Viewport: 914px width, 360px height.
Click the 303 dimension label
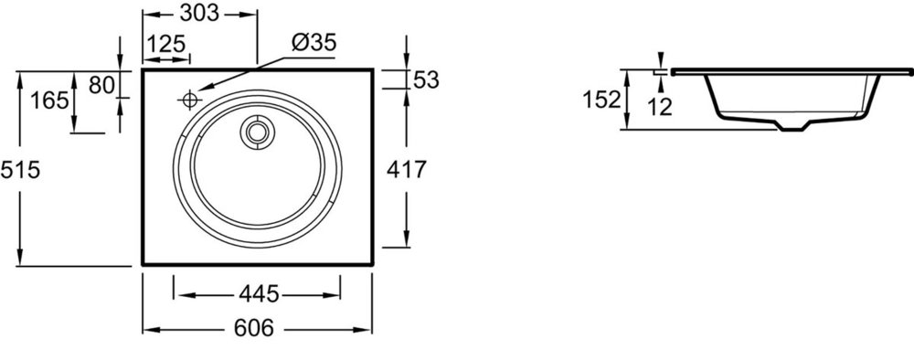[198, 13]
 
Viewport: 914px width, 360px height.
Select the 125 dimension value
[165, 44]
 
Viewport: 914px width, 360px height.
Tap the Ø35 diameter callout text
[314, 42]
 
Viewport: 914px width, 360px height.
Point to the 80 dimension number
[101, 86]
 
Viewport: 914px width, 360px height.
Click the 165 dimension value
[49, 101]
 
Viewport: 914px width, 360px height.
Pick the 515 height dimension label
[20, 170]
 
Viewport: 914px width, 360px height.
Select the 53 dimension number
[426, 80]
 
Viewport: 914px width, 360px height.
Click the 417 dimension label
[407, 170]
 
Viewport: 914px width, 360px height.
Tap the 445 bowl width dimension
[259, 295]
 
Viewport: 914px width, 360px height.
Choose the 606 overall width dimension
[253, 329]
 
